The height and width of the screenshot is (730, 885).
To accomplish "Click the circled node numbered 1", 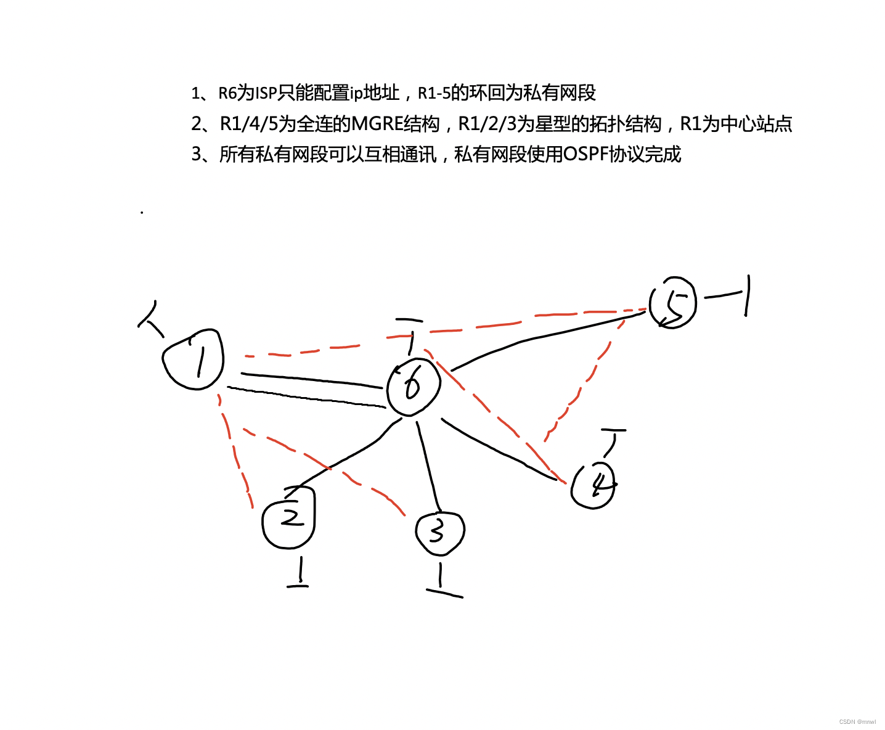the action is pos(194,359).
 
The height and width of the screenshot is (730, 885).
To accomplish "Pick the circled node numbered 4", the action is pos(593,485).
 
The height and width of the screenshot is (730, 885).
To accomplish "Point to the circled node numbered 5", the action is pos(673,303).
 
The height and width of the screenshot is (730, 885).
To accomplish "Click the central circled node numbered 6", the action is pos(414,387).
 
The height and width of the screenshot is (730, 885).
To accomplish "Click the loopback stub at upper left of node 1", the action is pos(150,318).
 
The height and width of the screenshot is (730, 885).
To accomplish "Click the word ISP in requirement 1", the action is pos(266,93).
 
